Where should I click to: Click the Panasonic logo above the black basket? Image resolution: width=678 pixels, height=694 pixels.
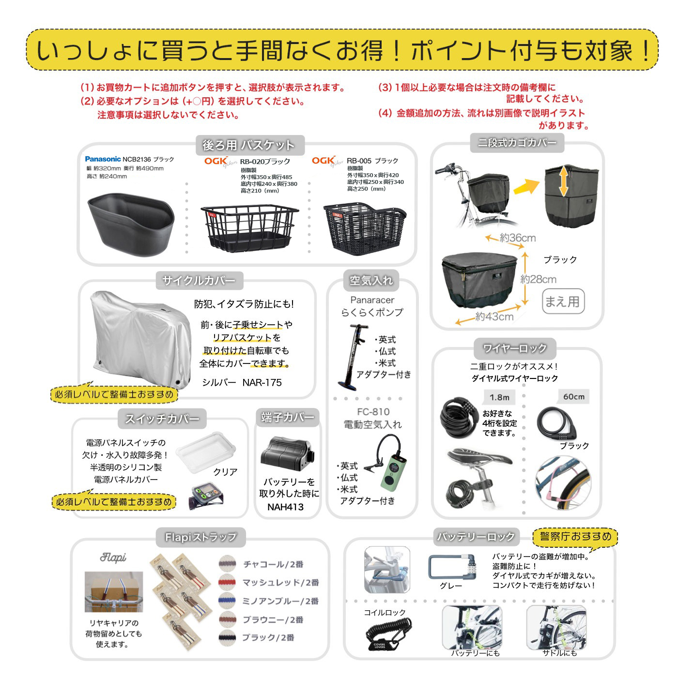(x=103, y=159)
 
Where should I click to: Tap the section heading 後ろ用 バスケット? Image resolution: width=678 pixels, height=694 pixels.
(x=248, y=145)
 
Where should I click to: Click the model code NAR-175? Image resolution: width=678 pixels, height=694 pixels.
(x=262, y=382)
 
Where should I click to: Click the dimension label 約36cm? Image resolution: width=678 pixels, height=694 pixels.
(x=517, y=238)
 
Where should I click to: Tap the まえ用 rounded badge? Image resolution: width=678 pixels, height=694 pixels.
(x=562, y=302)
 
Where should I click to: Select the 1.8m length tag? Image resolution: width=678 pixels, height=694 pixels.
(x=499, y=397)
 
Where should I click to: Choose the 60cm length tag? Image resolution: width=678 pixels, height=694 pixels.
(x=573, y=397)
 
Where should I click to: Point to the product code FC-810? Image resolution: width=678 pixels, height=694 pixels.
(x=373, y=412)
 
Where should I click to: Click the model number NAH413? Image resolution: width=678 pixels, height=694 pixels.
(x=286, y=507)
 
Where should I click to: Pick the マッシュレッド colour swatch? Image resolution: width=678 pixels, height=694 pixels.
(x=227, y=582)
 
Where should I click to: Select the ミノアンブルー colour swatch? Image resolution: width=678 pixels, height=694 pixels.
(x=227, y=601)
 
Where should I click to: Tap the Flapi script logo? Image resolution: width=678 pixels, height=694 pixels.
(x=113, y=558)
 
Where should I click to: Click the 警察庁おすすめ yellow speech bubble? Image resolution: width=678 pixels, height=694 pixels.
(x=575, y=536)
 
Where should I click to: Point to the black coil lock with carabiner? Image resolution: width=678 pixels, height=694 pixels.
(x=387, y=634)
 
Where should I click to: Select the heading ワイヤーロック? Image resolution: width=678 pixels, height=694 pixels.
(x=515, y=348)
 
